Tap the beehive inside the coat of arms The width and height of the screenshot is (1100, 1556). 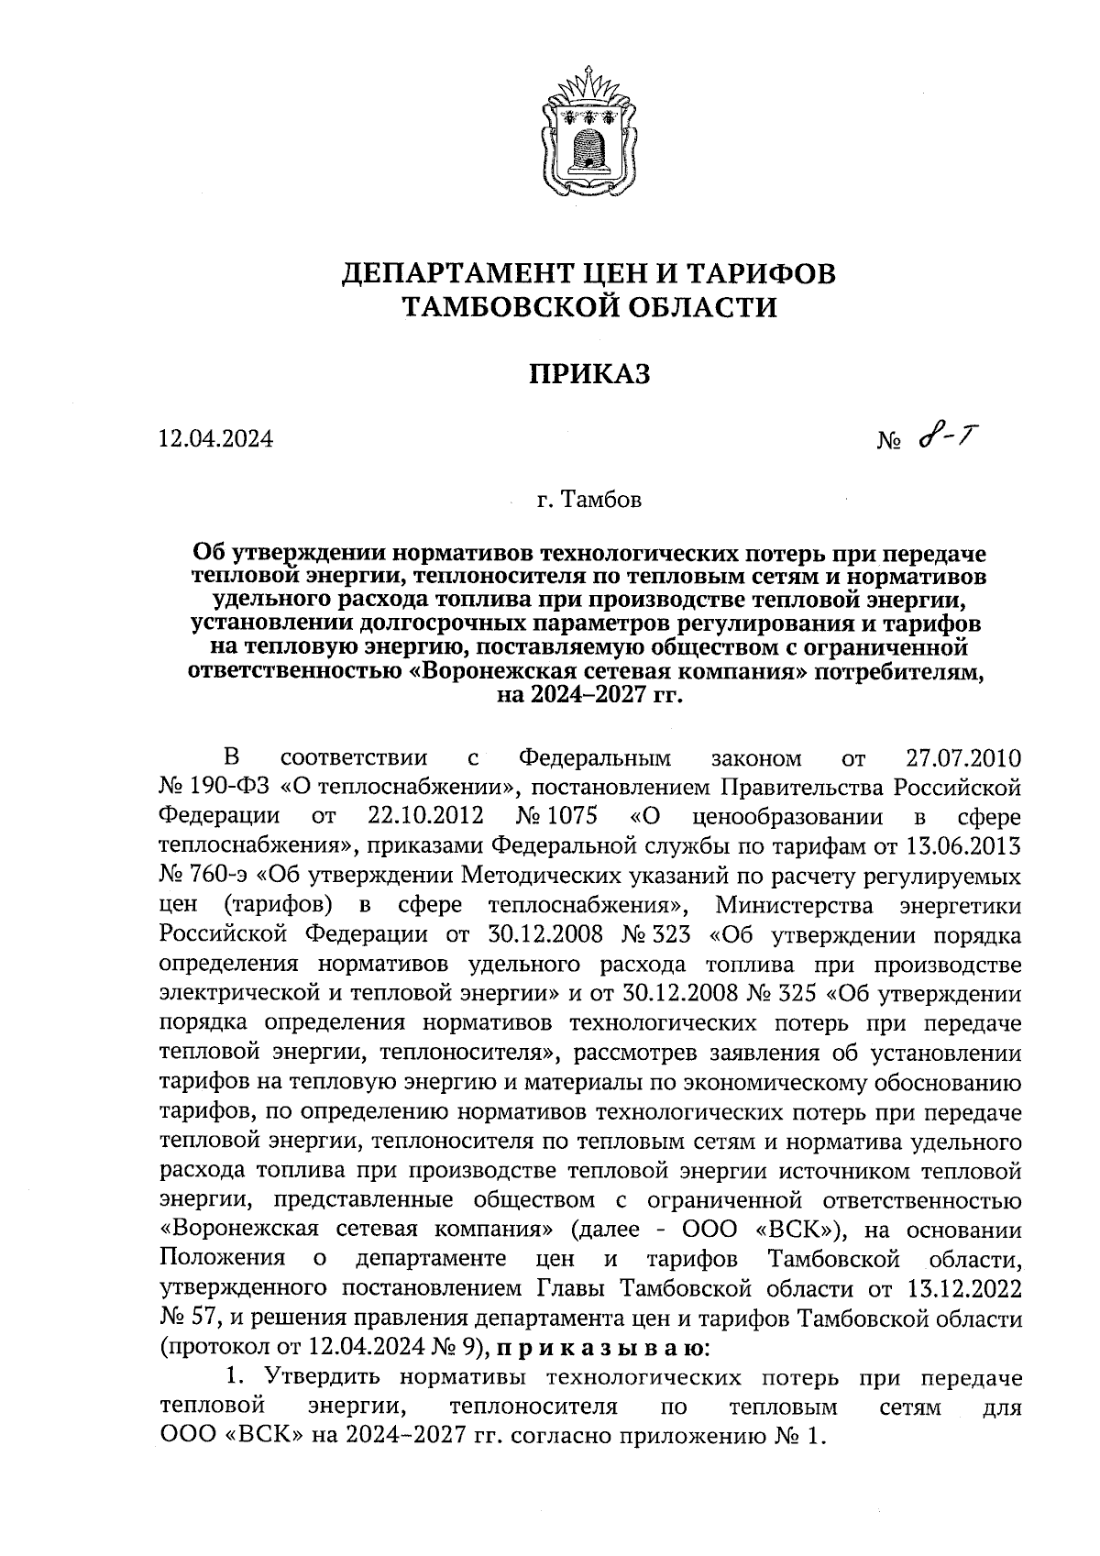(588, 146)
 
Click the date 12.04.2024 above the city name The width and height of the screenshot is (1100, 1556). (215, 440)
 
